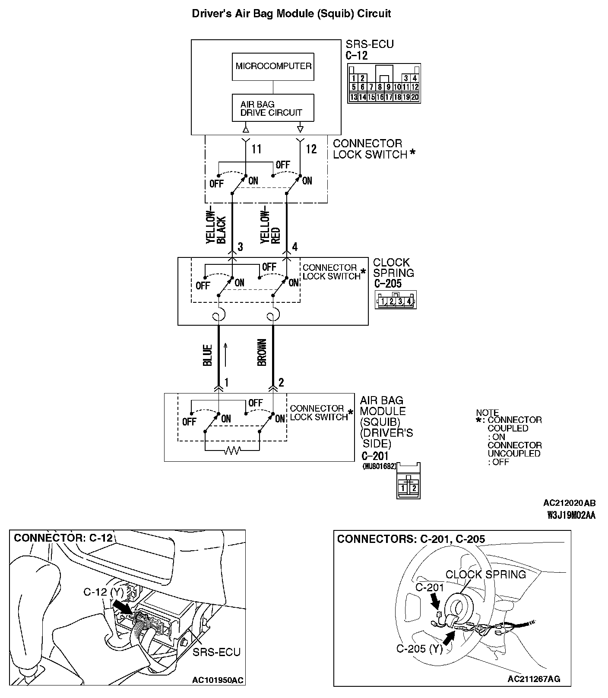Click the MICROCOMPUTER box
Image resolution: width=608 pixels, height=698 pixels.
coord(273,67)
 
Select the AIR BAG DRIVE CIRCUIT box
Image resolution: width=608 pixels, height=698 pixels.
coord(273,108)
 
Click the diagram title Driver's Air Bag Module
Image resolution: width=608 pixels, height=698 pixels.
coord(291,13)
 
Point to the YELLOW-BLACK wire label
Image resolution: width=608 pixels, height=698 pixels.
coord(216,228)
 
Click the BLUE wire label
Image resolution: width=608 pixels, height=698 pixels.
coord(208,355)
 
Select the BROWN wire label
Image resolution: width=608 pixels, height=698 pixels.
coord(262,352)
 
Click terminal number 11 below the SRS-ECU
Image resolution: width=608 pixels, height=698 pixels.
coord(256,149)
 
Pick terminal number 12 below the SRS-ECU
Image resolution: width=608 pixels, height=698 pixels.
coord(311,149)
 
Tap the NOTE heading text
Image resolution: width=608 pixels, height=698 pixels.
coord(487,412)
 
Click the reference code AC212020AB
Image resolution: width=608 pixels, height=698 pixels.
coord(569,503)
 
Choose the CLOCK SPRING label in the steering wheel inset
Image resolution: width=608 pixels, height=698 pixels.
coord(486,574)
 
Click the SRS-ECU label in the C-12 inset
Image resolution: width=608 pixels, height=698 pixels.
coord(216,652)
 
